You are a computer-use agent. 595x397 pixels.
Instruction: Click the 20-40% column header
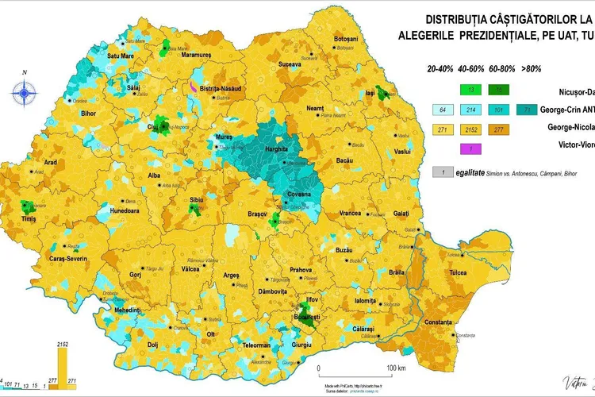click(x=443, y=69)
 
